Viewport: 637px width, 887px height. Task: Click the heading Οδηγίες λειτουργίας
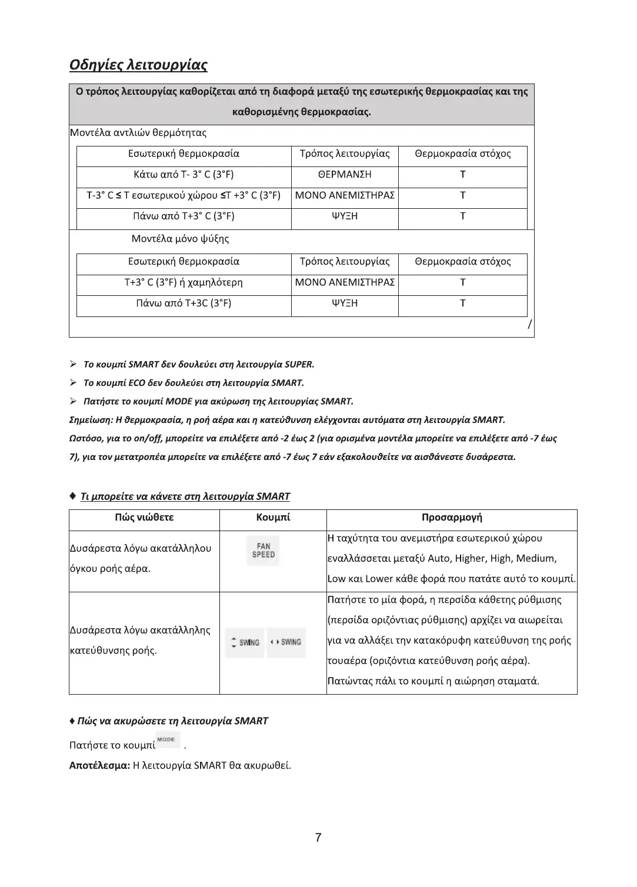coord(138,64)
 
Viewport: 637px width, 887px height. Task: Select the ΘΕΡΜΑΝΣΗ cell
coord(344,175)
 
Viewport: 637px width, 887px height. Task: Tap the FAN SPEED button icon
coord(264,551)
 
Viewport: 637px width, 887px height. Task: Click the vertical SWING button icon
coord(245,642)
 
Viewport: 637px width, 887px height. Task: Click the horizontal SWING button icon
coord(286,642)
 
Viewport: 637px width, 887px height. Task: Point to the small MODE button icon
coord(168,740)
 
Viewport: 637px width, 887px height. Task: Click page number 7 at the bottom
coord(318,838)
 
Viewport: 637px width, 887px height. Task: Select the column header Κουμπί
coord(273,518)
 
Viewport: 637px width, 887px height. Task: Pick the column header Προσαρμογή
coord(452,518)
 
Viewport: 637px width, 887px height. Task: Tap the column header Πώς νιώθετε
coord(144,518)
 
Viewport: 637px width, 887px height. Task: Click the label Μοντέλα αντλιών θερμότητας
coord(138,133)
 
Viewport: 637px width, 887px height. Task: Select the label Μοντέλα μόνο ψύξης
coord(180,239)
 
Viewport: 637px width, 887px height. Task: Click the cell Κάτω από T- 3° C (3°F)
coord(184,175)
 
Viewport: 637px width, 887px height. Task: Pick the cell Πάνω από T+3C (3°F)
coord(184,304)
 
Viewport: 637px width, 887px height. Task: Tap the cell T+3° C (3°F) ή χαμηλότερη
coord(184,283)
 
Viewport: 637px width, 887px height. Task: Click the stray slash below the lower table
coord(530,324)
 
